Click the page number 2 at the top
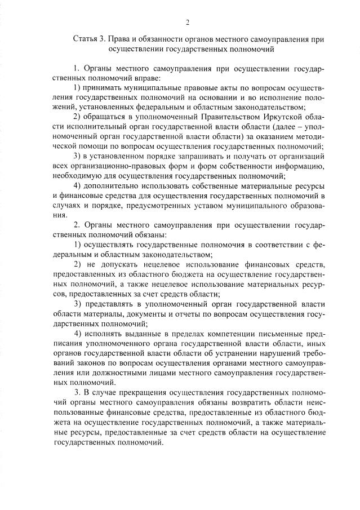pyautogui.click(x=187, y=23)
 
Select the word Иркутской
pyautogui.click(x=283, y=117)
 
